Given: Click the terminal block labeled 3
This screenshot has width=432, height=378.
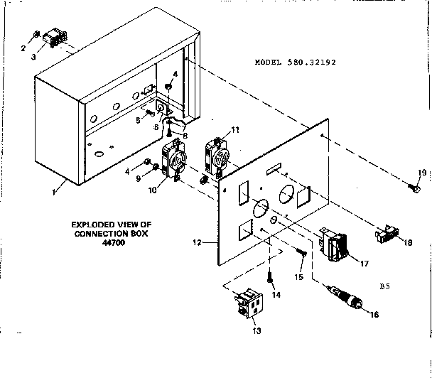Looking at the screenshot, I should [x=55, y=40].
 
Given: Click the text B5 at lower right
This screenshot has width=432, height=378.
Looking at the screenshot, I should [x=384, y=286].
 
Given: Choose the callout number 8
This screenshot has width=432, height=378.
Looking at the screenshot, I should [x=185, y=136].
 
